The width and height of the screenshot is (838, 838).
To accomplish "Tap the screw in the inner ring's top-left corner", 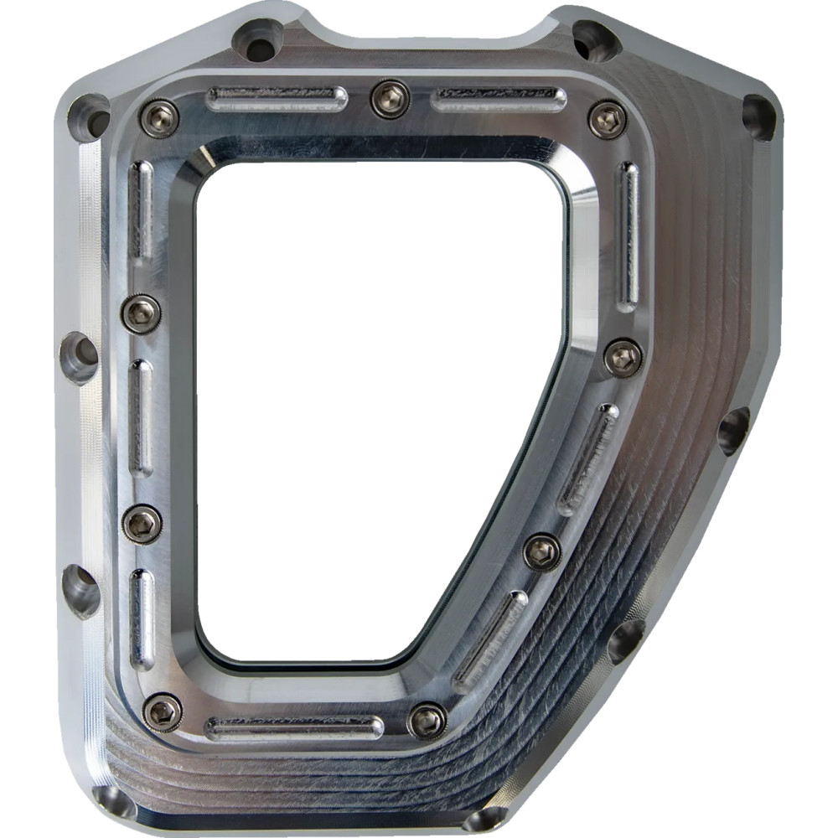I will pos(159,118).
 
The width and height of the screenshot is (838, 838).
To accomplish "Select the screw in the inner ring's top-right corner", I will pos(608,119).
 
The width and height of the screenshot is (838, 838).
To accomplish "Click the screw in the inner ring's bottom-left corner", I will pos(162,712).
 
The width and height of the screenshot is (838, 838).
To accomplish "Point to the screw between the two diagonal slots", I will pos(542,552).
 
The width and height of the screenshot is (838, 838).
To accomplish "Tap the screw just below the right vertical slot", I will pos(623,358).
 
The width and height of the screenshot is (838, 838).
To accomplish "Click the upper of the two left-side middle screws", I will pos(141,313).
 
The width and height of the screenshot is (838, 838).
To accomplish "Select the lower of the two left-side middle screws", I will pos(142,525).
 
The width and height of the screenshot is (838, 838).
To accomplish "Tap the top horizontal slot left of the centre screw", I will pos(277,99).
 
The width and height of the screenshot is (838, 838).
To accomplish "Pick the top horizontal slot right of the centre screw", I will pos(499,101).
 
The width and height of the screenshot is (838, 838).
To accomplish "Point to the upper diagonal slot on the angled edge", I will pos(588,459).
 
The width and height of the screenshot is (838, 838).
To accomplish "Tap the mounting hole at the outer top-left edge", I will pos(88,115).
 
